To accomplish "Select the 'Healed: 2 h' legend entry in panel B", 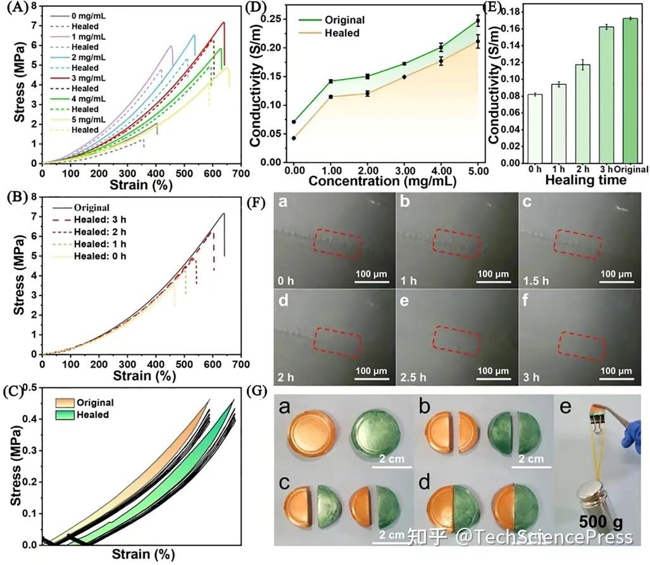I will point(98,232).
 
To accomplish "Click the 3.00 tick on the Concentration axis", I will point(404,171).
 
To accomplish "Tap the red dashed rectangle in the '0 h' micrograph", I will point(339,244).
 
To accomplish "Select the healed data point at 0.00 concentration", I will point(294,138).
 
